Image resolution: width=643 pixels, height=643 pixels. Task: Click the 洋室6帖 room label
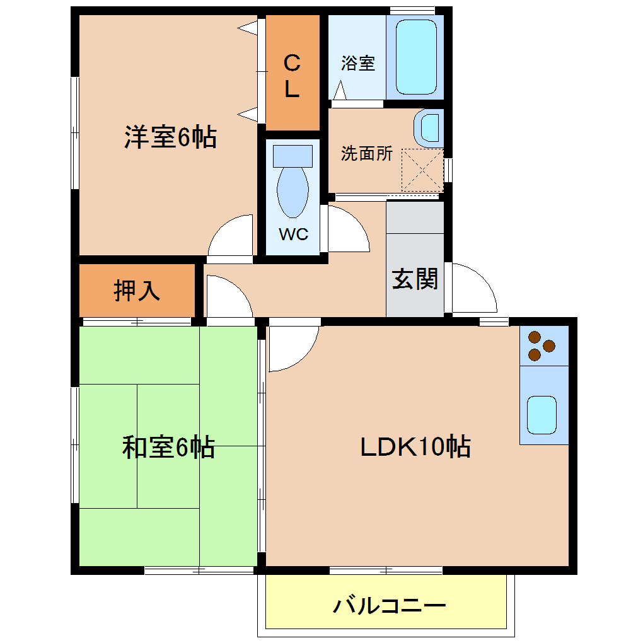click(x=170, y=137)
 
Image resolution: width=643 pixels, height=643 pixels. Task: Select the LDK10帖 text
click(x=415, y=448)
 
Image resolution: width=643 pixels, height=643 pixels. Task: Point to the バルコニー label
click(x=389, y=606)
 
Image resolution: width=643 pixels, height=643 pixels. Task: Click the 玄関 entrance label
click(x=415, y=279)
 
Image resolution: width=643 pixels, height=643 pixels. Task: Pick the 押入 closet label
click(x=137, y=291)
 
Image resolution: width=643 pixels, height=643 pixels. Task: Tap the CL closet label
click(x=291, y=76)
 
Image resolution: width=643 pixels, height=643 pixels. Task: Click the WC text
click(x=293, y=235)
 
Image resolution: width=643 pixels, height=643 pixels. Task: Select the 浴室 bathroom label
click(x=358, y=63)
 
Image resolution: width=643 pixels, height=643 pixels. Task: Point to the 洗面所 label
click(x=366, y=154)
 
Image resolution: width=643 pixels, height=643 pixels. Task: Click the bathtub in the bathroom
click(x=416, y=56)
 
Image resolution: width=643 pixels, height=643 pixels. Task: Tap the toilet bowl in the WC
click(x=293, y=192)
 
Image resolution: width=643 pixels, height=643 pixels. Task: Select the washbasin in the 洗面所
click(x=429, y=128)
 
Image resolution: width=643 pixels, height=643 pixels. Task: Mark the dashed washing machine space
click(x=422, y=170)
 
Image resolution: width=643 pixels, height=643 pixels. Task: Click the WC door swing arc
click(x=347, y=230)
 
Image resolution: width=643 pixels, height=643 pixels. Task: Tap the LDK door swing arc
click(x=294, y=349)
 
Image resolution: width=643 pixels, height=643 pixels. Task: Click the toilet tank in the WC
click(x=293, y=156)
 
